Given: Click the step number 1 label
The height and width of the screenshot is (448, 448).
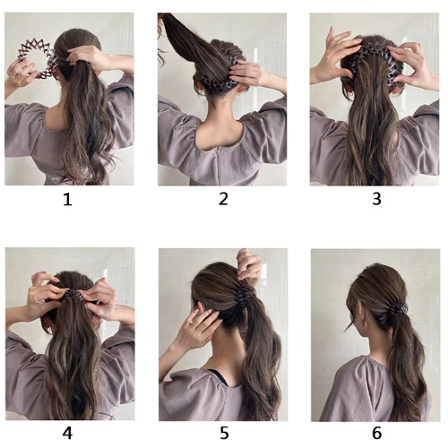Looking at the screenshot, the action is coord(68,199).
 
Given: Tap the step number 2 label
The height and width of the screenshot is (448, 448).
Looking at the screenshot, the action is coord(223,199).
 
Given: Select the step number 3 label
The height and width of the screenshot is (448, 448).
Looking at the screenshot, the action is coord(376,199).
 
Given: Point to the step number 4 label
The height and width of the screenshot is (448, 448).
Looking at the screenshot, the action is coord(67,433).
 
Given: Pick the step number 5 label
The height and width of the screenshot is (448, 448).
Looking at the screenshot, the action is coord(224,433).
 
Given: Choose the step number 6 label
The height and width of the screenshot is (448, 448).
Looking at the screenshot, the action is coord(377,433).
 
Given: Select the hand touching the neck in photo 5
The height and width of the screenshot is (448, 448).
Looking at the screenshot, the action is coord(199,329).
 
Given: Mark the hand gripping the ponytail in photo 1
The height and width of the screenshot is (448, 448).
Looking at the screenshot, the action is coord(87,58).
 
